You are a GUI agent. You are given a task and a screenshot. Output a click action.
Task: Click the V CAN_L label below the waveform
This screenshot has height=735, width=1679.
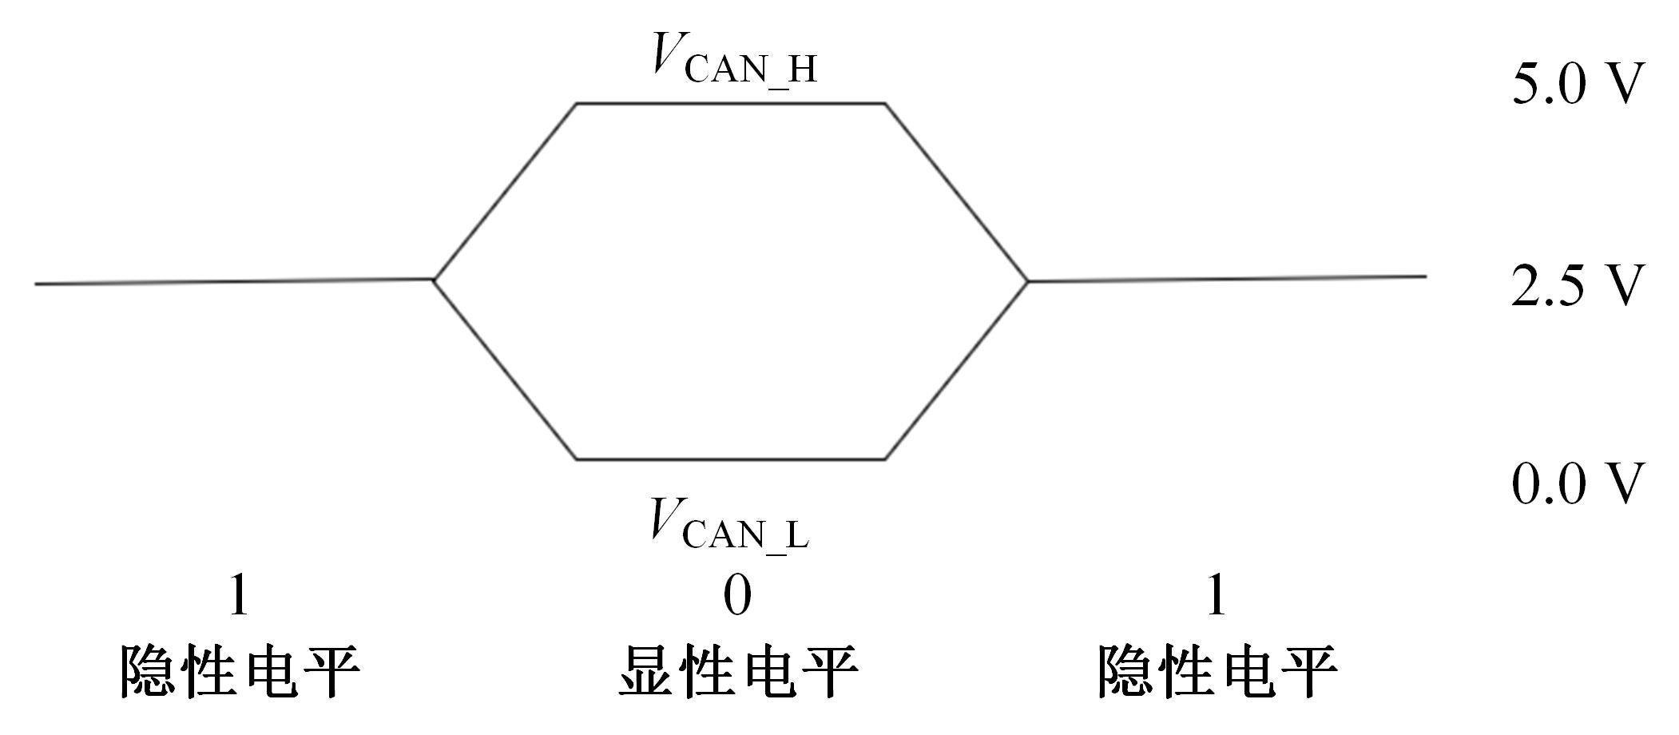pos(728,523)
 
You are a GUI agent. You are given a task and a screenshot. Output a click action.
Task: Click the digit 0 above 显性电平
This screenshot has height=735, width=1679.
pos(736,596)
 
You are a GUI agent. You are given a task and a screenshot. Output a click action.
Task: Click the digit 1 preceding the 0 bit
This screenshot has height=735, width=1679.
pos(238,596)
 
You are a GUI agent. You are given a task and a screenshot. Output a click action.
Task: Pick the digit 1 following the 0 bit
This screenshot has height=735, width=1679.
pos(1215,596)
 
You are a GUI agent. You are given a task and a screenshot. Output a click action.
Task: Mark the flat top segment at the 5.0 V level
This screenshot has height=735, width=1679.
pos(730,103)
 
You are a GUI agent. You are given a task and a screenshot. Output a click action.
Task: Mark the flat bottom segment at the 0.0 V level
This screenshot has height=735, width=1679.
pos(730,459)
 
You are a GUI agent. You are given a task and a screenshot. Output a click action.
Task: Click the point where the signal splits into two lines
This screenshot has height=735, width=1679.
pos(434,280)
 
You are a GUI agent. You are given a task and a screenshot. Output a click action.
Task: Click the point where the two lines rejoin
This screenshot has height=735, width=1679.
pos(1027,281)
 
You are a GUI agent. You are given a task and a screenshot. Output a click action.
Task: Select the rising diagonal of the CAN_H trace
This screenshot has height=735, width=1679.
pos(505,192)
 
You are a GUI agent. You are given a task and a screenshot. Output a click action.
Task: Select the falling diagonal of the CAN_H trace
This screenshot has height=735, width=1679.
pos(956,192)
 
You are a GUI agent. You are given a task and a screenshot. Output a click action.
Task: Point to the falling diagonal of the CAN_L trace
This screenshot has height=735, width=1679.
pos(505,370)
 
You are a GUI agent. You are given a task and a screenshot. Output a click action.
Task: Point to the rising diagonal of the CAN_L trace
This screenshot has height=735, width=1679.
pos(956,370)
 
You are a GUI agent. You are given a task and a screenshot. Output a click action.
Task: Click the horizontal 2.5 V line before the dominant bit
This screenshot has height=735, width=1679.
pos(232,282)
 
